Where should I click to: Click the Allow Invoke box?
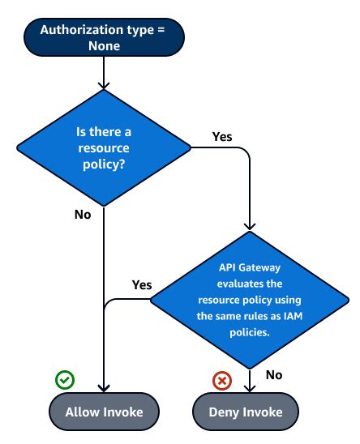click(105, 412)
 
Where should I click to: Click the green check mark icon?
click(64, 378)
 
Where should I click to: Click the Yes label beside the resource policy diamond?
click(221, 136)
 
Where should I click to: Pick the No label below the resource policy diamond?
click(83, 215)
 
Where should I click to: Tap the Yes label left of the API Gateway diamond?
click(142, 284)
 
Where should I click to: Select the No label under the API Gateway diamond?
click(274, 374)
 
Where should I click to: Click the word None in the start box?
click(105, 46)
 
